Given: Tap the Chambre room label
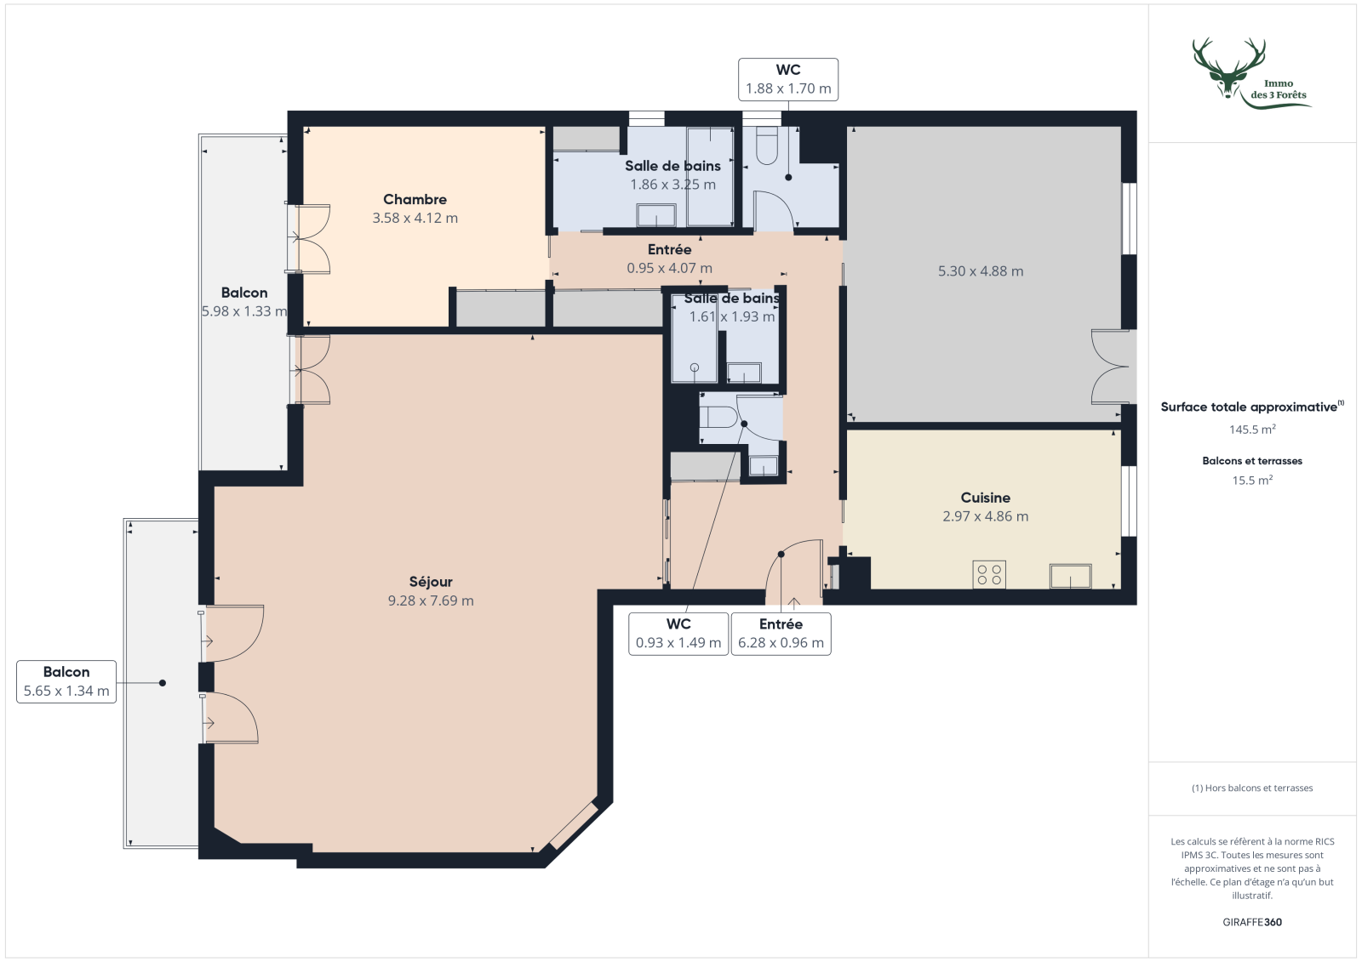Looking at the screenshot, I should click(415, 199).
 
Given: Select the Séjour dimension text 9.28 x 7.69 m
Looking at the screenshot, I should click(431, 601).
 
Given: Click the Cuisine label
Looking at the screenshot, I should click(985, 498).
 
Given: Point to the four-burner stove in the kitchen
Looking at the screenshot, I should click(989, 575).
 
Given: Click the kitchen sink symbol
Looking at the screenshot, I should click(1070, 576).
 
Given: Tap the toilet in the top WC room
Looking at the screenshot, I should click(766, 146).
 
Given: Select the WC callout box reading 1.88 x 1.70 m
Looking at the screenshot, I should click(788, 79).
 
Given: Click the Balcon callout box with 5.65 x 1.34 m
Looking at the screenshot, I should click(66, 681).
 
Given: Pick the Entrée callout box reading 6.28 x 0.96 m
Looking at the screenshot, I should click(781, 634).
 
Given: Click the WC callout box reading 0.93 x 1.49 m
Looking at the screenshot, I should click(678, 634).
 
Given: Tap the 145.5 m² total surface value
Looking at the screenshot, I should click(1251, 430).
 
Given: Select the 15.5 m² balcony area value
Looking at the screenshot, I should click(1251, 481).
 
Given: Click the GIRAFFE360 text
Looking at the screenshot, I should click(1251, 922).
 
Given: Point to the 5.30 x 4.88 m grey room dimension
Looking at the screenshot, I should click(981, 271).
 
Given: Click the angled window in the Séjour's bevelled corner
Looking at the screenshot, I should click(574, 825).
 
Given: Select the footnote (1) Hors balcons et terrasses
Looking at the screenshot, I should click(1251, 788).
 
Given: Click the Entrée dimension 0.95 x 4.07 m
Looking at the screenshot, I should click(669, 268).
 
